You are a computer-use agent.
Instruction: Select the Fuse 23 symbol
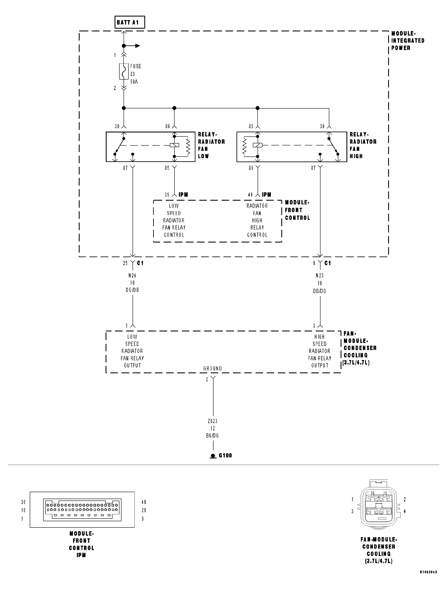pos(124,71)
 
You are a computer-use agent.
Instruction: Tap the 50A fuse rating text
pos(134,82)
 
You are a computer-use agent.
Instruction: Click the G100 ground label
pos(225,455)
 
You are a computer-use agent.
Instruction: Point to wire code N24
pos(132,276)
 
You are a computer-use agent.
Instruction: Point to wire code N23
pos(320,276)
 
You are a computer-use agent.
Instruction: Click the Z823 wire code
pos(212,421)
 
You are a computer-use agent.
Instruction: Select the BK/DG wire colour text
pos(212,436)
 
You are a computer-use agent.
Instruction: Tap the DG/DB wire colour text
pos(132,290)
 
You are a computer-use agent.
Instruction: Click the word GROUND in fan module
pos(212,368)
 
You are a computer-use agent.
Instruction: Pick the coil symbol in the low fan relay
pos(174,145)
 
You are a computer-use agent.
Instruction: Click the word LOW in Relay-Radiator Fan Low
pos(203,156)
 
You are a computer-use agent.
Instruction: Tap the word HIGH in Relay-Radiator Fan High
pos(356,156)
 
